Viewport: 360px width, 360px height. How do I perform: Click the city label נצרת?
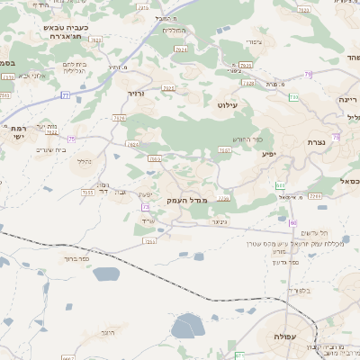point(316,142)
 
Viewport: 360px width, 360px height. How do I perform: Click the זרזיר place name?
point(136,93)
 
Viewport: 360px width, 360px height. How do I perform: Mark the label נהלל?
point(83,162)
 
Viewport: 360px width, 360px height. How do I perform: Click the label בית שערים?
point(55,149)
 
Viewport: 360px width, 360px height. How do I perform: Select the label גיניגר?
point(219,220)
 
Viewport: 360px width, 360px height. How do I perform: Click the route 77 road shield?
point(65,94)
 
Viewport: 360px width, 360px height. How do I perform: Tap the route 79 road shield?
point(293,96)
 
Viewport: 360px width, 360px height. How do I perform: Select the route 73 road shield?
point(145,207)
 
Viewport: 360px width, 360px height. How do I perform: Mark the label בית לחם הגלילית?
point(74,69)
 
